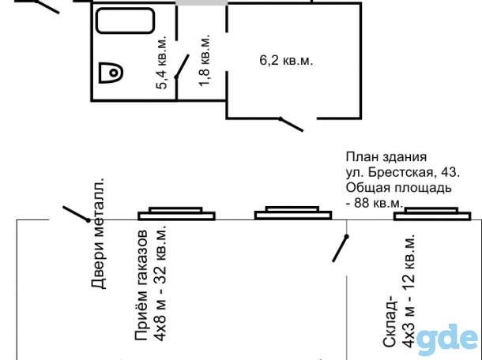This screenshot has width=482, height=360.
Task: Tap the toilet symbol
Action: point(111,73)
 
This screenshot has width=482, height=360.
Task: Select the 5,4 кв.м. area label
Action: point(161,62)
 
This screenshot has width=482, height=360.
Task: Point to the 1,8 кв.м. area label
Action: point(204,59)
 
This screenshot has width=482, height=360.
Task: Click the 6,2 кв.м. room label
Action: point(286,60)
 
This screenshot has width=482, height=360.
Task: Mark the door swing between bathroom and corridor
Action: point(182,66)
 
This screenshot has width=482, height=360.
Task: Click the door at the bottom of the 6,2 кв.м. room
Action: point(291,125)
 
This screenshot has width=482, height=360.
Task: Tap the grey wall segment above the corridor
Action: point(201,2)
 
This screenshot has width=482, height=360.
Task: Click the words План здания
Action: point(386,157)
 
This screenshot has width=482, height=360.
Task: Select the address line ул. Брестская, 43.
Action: point(403,172)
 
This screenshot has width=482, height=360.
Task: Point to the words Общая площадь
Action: point(399,188)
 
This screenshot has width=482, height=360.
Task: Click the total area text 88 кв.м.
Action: point(378,203)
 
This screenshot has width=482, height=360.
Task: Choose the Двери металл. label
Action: point(98,233)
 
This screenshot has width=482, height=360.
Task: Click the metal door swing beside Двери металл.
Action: point(77,214)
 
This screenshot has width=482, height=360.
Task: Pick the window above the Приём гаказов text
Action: point(176,213)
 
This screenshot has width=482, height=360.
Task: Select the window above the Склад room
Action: point(432,214)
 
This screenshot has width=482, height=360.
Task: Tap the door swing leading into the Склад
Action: point(341,249)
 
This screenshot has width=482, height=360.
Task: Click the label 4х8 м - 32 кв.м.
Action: point(160,283)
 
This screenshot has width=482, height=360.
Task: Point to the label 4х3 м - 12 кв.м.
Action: point(409,291)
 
